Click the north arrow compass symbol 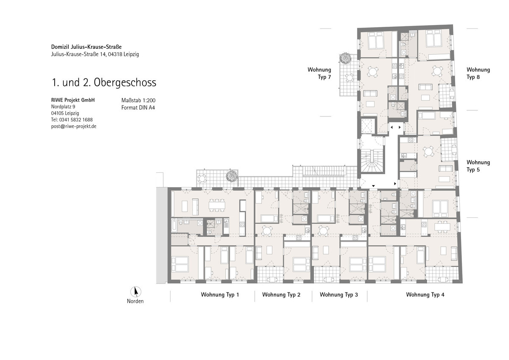(136, 292)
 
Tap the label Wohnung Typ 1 (220, 295)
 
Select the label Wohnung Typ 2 (281, 295)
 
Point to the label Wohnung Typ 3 (339, 295)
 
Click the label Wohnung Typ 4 (425, 295)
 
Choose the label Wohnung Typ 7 (319, 73)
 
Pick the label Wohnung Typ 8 (478, 73)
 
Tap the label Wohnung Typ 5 (478, 166)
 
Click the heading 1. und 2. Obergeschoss (104, 82)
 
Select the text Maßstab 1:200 (138, 100)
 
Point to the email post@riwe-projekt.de (74, 126)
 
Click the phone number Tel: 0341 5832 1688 (72, 120)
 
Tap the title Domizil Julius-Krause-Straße (87, 47)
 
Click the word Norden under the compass (135, 301)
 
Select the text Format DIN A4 (138, 107)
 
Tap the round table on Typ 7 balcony (349, 78)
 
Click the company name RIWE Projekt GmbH (73, 100)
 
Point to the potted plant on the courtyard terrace (232, 176)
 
